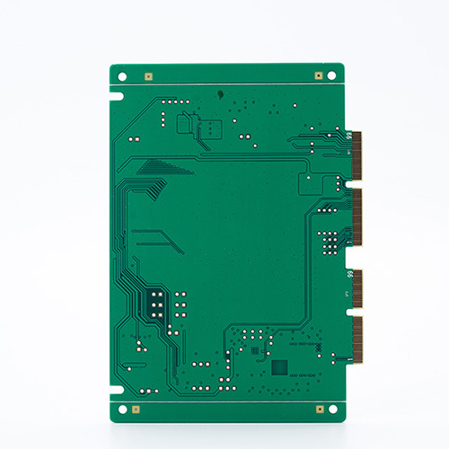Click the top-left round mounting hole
point(123,77)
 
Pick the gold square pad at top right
point(317,77)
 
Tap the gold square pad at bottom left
point(136,409)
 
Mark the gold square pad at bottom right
point(319,409)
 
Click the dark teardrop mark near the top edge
point(221,93)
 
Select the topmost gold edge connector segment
point(357,154)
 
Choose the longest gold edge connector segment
point(357,218)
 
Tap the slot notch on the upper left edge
point(112,93)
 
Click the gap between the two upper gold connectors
point(357,182)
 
